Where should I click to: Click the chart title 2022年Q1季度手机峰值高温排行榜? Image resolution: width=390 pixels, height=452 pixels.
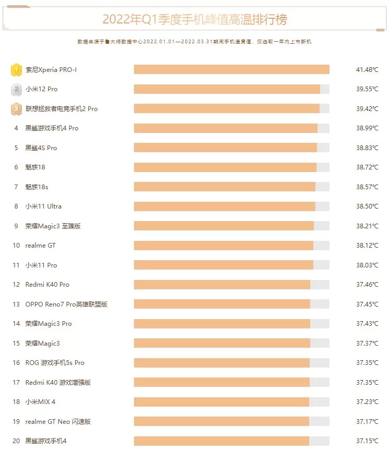point(194,20)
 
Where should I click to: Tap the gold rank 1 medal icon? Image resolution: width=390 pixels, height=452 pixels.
point(16,69)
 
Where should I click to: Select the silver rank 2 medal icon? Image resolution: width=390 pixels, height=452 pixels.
point(16,89)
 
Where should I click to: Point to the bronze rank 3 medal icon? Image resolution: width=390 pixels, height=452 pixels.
point(16,109)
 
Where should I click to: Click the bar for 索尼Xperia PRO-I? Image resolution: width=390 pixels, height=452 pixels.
point(231,69)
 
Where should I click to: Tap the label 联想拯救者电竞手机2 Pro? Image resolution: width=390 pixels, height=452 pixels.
point(62,109)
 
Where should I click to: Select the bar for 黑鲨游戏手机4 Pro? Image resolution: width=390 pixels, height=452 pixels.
point(225,128)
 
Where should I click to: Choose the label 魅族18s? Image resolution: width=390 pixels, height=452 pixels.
point(36,187)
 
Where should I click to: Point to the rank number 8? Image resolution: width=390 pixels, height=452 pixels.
point(16,206)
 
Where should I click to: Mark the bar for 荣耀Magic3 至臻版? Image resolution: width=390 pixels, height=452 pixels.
point(224,226)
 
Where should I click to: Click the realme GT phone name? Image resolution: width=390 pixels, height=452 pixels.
point(40,246)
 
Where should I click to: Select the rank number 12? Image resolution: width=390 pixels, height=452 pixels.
point(16,285)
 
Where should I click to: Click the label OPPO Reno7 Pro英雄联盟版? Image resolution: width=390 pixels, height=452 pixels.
point(66,304)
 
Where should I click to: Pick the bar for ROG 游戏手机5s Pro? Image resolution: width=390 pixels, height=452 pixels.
point(222,363)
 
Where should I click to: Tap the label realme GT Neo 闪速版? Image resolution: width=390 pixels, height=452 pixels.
point(58,421)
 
